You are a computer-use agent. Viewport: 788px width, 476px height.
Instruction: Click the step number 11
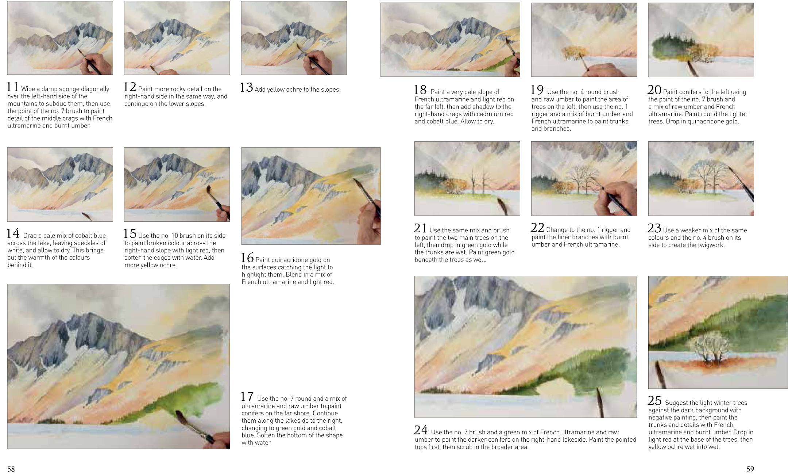(13, 87)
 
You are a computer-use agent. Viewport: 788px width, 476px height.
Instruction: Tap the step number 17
(247, 397)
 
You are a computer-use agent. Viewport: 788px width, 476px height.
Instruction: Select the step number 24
(421, 430)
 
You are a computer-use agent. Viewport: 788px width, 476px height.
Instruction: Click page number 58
(11, 469)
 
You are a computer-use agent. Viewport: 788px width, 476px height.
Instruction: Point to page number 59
(750, 469)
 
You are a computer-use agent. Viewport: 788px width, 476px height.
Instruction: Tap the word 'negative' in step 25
(659, 418)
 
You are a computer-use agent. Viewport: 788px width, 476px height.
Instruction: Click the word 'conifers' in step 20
(685, 92)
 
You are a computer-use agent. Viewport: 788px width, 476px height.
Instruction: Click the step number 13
(247, 88)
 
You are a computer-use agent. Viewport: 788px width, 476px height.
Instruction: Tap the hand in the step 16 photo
(368, 223)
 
